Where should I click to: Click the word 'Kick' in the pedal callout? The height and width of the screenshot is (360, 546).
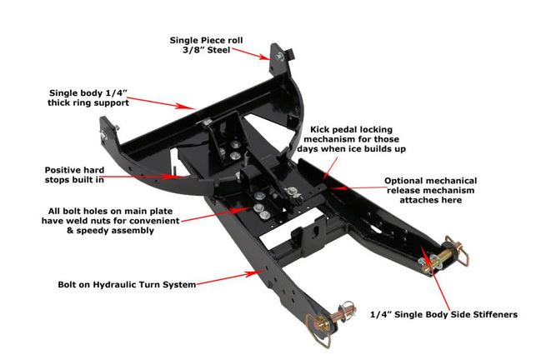click(323, 131)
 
